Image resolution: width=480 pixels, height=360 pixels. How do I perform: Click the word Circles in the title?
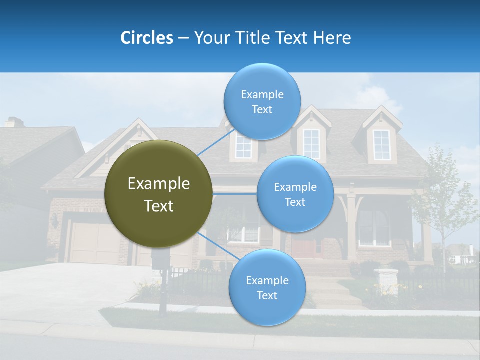pyautogui.click(x=146, y=38)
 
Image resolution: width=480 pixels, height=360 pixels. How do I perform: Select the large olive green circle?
pyautogui.click(x=159, y=194)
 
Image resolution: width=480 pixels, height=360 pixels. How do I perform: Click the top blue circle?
pyautogui.click(x=262, y=102)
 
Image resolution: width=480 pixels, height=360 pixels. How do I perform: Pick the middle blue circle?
pyautogui.click(x=295, y=194)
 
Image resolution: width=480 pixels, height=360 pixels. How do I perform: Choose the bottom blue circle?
pyautogui.click(x=267, y=288)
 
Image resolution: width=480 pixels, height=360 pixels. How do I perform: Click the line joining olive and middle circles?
pyautogui.click(x=235, y=193)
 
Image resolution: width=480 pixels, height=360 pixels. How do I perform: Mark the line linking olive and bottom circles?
pyautogui.click(x=215, y=245)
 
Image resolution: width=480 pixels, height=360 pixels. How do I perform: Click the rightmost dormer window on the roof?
pyautogui.click(x=382, y=144)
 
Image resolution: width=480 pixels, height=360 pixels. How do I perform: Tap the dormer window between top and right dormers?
pyautogui.click(x=311, y=144)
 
